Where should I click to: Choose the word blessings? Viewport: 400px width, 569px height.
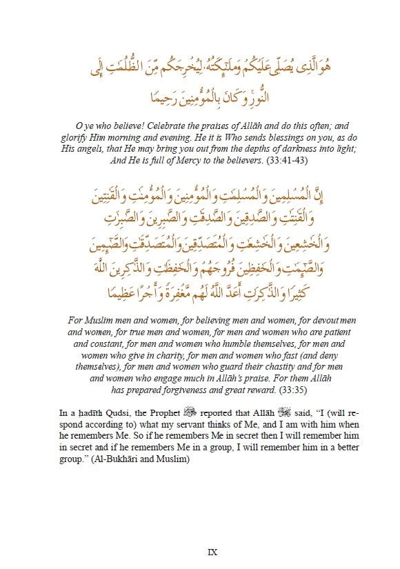(x=262, y=138)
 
